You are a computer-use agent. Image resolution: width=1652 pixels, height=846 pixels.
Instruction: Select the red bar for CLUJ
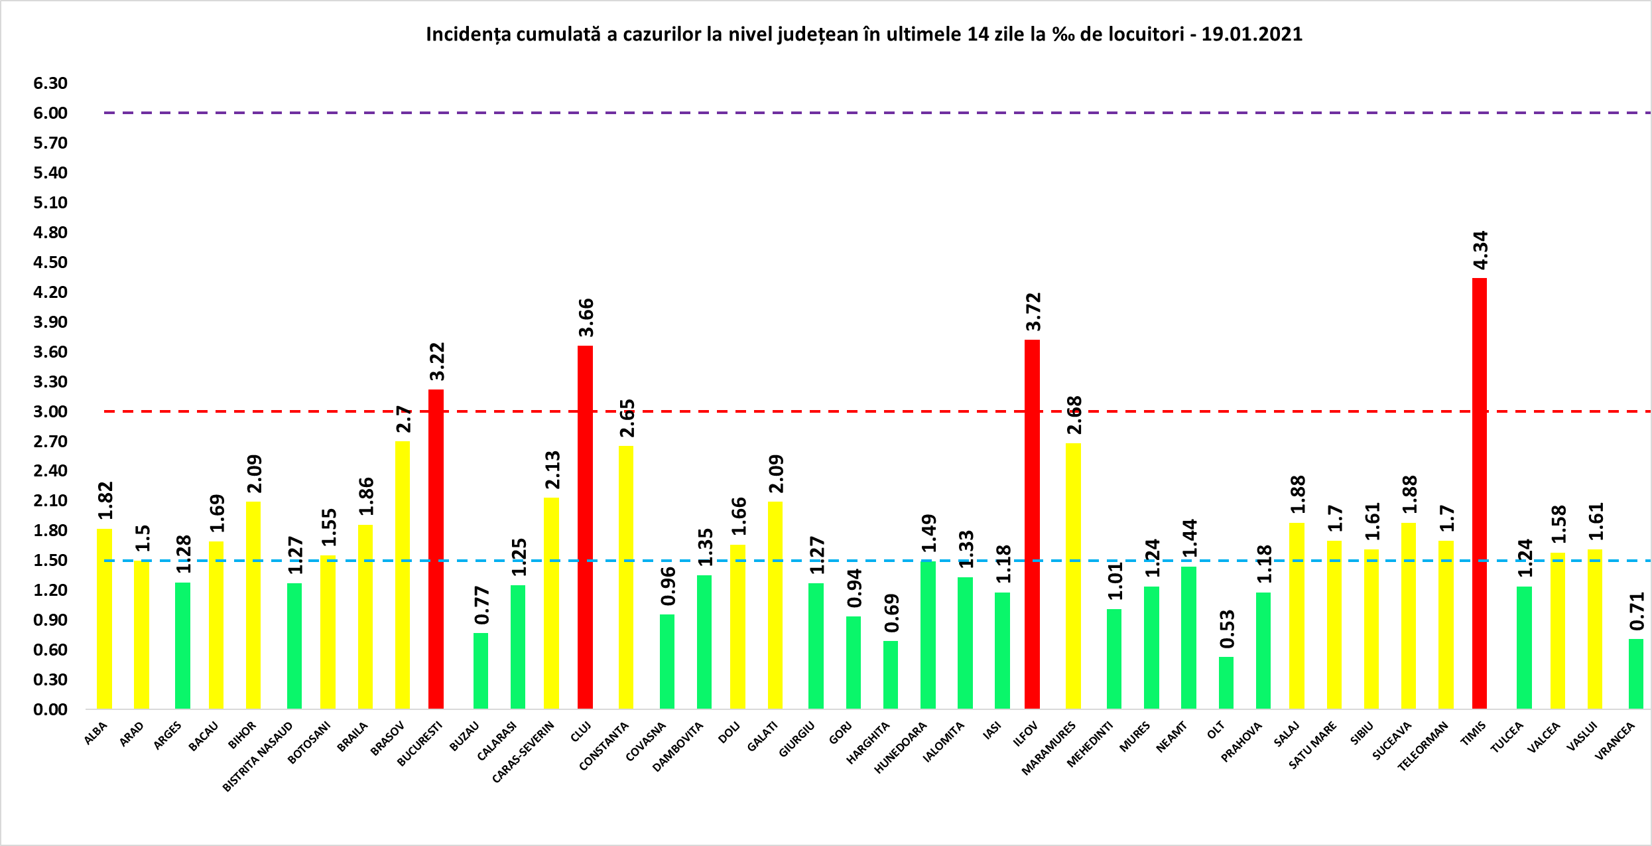(x=585, y=527)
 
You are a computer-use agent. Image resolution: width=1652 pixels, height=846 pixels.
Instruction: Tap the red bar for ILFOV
(x=1032, y=524)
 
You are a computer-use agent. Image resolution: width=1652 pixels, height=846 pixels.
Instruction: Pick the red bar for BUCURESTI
(x=436, y=549)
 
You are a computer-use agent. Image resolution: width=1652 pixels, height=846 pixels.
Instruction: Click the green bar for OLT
(x=1226, y=683)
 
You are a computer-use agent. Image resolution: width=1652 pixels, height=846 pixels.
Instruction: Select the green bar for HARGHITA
(x=890, y=675)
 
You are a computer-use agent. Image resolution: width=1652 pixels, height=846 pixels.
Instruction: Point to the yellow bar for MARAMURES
(x=1073, y=576)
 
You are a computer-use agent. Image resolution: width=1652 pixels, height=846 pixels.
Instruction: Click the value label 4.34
(x=1480, y=250)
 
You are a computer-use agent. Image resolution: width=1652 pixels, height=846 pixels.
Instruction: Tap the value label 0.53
(x=1227, y=629)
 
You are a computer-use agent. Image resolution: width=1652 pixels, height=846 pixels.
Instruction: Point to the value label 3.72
(x=1033, y=312)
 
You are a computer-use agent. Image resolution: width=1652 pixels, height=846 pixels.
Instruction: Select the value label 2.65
(x=627, y=418)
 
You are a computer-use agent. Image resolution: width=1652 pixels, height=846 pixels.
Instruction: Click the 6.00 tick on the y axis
(x=50, y=113)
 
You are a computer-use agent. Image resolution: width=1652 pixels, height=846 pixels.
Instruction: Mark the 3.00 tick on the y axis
(x=50, y=411)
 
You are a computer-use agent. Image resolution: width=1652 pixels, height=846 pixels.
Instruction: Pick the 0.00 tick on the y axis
(x=50, y=709)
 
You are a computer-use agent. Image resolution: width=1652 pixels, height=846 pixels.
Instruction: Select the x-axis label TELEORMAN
(x=1423, y=746)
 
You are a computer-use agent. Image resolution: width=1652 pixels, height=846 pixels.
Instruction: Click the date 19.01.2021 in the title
(x=1251, y=35)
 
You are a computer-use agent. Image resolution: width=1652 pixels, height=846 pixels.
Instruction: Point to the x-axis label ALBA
(x=95, y=734)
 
